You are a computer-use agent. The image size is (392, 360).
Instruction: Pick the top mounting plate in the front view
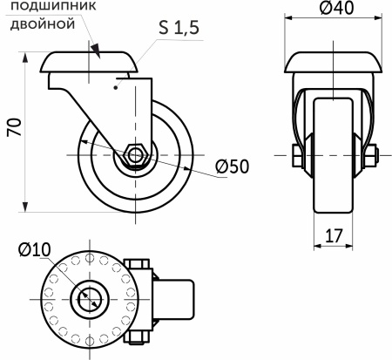click(335, 63)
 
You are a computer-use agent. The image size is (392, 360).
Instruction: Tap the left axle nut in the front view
click(297, 157)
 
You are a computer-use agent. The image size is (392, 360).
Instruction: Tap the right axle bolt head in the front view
click(373, 157)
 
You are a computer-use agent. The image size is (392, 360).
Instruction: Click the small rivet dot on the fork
click(116, 87)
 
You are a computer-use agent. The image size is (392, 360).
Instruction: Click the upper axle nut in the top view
click(138, 264)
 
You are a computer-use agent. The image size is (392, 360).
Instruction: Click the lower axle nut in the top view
click(138, 339)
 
